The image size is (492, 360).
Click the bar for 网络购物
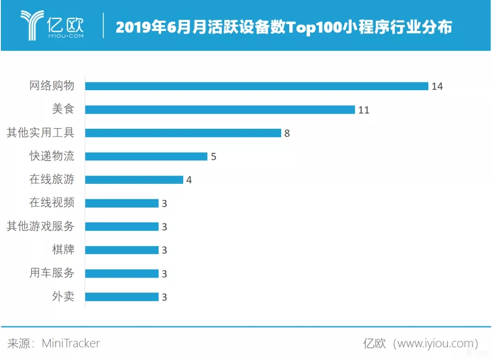point(256,86)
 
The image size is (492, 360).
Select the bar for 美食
point(220,110)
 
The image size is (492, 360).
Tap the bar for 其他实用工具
point(183,133)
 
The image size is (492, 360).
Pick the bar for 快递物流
point(146,157)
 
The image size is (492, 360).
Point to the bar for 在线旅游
point(134,180)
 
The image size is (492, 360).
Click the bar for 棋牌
point(122,250)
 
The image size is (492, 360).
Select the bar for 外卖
point(122,297)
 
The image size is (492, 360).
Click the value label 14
point(437,86)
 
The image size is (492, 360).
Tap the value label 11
point(363,110)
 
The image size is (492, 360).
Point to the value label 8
point(287,133)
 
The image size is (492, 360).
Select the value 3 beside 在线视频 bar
point(164,203)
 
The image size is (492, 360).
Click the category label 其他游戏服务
point(40,226)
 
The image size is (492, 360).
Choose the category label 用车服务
point(51,273)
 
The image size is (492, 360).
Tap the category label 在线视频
point(51,203)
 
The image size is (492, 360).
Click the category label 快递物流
point(51,156)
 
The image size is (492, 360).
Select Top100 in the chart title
point(323,27)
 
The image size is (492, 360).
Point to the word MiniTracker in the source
point(71,343)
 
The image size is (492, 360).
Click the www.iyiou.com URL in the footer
point(435,343)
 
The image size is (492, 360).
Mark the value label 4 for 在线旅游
point(189,180)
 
